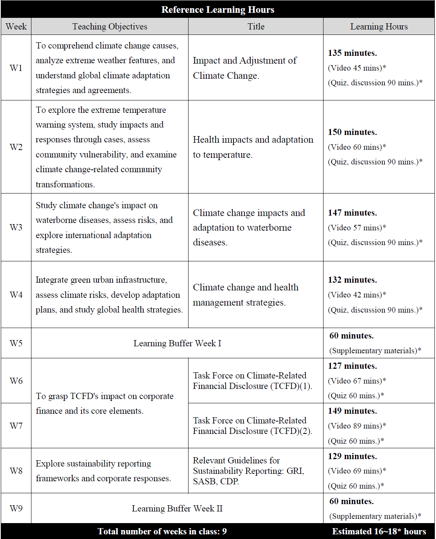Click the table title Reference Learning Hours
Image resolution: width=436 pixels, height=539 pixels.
[218, 10]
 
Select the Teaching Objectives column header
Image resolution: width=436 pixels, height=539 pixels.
[110, 26]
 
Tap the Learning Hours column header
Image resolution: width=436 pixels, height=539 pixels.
[379, 26]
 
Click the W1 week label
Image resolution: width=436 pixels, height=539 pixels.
[16, 68]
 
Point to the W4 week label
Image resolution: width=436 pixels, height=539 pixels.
[16, 295]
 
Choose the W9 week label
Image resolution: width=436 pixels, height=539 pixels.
[16, 508]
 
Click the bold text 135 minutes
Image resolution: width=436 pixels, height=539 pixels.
[352, 53]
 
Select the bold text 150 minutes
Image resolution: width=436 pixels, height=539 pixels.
[352, 132]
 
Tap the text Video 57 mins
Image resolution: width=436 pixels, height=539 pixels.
[356, 228]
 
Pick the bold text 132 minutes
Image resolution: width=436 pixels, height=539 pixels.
[352, 280]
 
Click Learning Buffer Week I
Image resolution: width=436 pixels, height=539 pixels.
[177, 343]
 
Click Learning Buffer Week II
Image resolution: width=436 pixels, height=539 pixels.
[177, 508]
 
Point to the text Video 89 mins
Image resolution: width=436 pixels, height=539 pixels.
[356, 426]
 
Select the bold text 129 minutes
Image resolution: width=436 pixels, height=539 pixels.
[352, 456]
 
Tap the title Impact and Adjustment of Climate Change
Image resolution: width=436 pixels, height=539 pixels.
[244, 68]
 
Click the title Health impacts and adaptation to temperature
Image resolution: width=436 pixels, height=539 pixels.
[253, 147]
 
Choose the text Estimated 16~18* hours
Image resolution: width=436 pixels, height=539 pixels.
[379, 531]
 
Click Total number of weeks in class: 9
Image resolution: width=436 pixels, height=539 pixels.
[162, 531]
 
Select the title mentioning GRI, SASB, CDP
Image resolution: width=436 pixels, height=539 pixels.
[248, 471]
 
